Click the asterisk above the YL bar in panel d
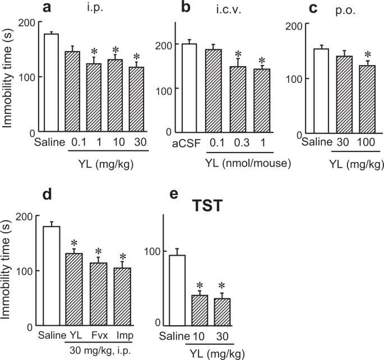(74, 243)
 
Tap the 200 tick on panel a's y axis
(26, 22)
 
